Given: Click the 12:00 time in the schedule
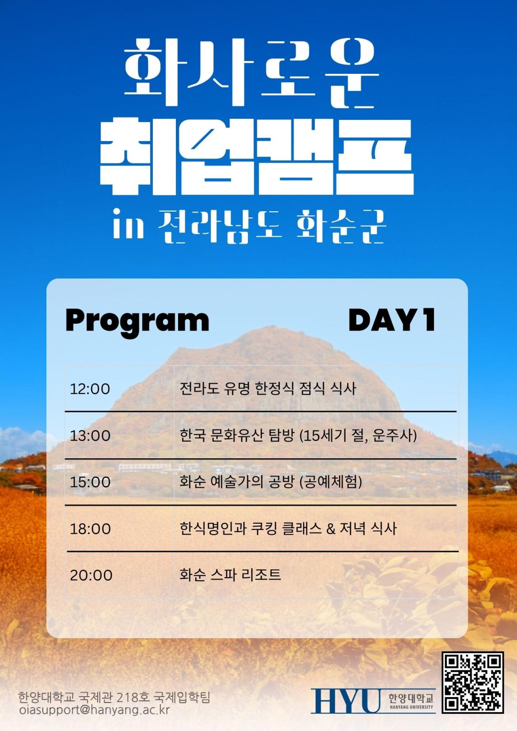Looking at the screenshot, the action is (x=90, y=389).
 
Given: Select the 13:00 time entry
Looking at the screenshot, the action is (x=90, y=436).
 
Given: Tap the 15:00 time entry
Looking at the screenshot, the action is (x=90, y=482).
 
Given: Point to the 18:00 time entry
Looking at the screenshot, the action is (x=90, y=529).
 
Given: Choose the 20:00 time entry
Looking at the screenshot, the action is (x=91, y=575).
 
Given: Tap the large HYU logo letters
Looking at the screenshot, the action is (x=346, y=701).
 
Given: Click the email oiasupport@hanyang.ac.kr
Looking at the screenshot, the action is (x=95, y=709).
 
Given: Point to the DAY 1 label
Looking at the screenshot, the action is (x=392, y=320).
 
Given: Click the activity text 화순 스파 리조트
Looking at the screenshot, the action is (x=230, y=575).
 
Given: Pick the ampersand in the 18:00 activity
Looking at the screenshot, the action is (x=331, y=529).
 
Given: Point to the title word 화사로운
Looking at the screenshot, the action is (x=251, y=72).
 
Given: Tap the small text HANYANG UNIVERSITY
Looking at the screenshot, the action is (x=411, y=707).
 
